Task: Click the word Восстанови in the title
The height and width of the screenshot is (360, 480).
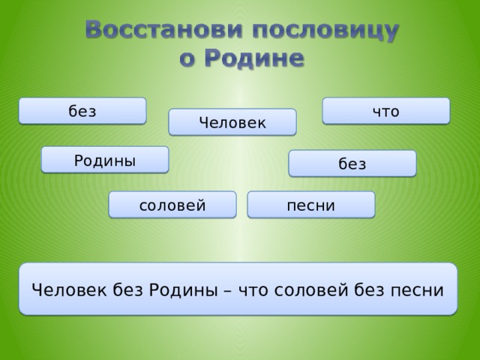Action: pyautogui.click(x=164, y=30)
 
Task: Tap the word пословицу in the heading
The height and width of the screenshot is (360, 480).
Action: pyautogui.click(x=325, y=31)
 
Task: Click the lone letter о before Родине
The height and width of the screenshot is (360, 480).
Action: pyautogui.click(x=187, y=60)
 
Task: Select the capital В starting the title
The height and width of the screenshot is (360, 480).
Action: pyautogui.click(x=94, y=30)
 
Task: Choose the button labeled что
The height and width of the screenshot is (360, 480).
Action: pyautogui.click(x=386, y=111)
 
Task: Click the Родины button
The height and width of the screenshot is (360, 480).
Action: pyautogui.click(x=105, y=160)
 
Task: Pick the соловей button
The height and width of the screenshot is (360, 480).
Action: pyautogui.click(x=172, y=205)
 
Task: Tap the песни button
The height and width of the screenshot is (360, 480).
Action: pyautogui.click(x=311, y=205)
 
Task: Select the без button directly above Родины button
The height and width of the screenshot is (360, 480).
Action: pyautogui.click(x=82, y=111)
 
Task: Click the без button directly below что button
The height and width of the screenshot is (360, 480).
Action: pyautogui.click(x=352, y=163)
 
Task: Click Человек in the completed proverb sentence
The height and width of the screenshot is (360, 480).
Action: pyautogui.click(x=70, y=289)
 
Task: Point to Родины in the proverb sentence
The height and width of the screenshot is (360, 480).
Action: pyautogui.click(x=183, y=289)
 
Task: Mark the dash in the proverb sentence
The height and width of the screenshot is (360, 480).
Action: pyautogui.click(x=228, y=291)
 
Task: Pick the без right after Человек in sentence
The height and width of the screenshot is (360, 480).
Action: pyautogui.click(x=128, y=289)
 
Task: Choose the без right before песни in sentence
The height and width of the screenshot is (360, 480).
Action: pyautogui.click(x=369, y=289)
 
